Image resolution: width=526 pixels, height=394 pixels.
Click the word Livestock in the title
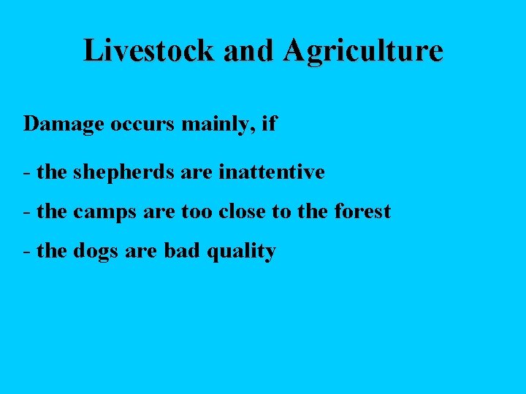(x=150, y=50)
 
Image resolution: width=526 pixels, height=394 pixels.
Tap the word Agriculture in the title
(x=362, y=51)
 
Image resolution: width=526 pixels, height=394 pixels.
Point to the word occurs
(x=142, y=123)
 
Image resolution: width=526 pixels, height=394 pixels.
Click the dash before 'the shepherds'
(x=26, y=174)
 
